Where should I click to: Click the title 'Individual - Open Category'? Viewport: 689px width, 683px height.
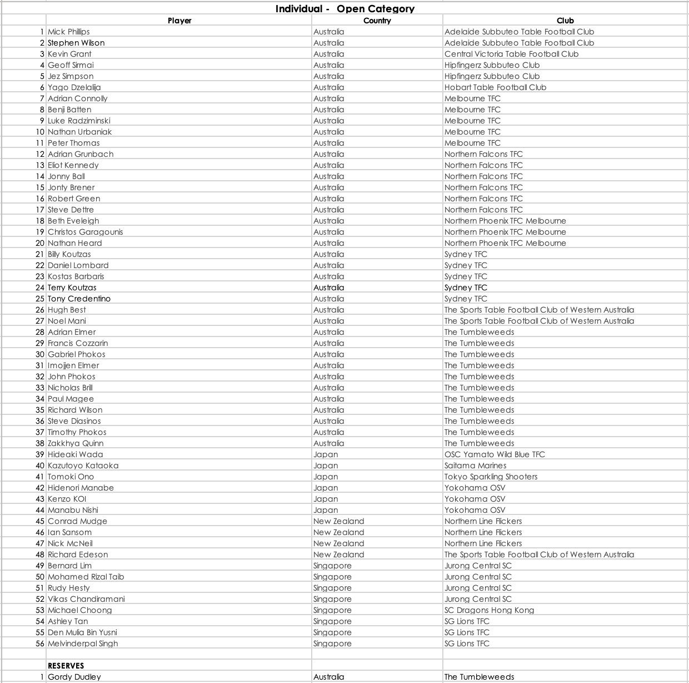click(x=344, y=9)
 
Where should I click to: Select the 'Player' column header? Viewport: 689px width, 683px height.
click(x=179, y=21)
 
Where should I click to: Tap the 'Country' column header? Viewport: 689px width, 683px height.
click(x=377, y=21)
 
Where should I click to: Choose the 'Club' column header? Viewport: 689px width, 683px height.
click(x=565, y=21)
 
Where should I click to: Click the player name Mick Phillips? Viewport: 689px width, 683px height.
click(x=68, y=32)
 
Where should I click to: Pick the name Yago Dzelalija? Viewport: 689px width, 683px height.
click(x=74, y=87)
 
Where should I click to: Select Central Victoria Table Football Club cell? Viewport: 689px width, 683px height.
click(x=511, y=54)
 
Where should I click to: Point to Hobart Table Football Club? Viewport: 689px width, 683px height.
click(x=495, y=87)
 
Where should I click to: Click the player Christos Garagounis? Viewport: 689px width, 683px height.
click(x=85, y=232)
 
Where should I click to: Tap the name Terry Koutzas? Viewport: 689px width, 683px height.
click(x=72, y=288)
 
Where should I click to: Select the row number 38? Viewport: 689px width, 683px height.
click(x=39, y=443)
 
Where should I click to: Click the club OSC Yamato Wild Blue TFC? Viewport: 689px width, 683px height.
click(x=495, y=454)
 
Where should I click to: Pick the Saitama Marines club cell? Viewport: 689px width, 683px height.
click(x=475, y=466)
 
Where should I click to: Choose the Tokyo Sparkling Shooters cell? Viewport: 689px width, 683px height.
click(x=491, y=477)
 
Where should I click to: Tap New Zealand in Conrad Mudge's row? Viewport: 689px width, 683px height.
click(x=338, y=521)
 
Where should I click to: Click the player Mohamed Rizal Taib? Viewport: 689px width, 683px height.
click(x=86, y=577)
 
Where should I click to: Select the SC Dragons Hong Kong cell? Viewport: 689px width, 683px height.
click(x=489, y=610)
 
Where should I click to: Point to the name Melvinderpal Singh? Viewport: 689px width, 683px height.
click(x=83, y=644)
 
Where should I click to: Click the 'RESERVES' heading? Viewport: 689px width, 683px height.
click(x=66, y=666)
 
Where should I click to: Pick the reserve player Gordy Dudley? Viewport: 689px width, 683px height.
click(x=74, y=677)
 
